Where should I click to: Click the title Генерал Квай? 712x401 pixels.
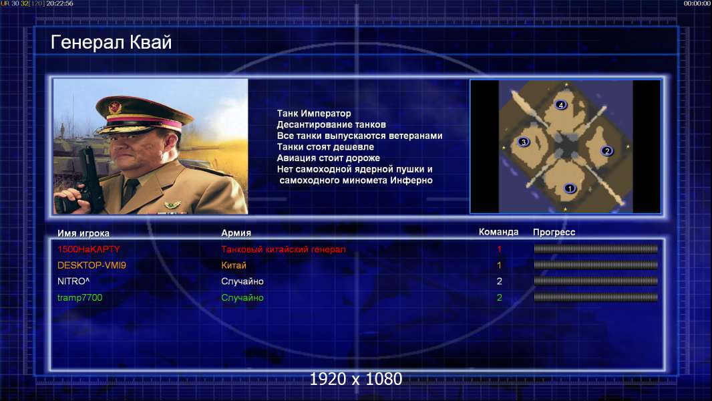pos(112,42)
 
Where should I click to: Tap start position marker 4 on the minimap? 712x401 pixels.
pos(561,105)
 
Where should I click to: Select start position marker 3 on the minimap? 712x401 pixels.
pos(523,142)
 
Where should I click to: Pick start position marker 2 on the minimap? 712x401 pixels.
pos(606,150)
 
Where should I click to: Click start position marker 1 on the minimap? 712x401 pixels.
pos(570,188)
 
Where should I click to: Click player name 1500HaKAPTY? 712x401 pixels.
pos(89,249)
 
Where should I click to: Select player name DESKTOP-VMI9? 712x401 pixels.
pos(92,265)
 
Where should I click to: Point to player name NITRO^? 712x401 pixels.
pos(73,281)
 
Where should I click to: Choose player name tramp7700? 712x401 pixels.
pos(80,297)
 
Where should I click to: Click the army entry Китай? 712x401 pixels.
pos(233,265)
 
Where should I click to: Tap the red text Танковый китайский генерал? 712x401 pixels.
pos(283,249)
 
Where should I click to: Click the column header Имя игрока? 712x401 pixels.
pos(83,233)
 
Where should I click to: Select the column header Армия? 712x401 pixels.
pos(236,233)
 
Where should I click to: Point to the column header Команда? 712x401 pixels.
pos(498,232)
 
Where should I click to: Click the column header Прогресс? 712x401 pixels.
pos(554,232)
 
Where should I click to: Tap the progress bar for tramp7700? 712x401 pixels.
pos(596,297)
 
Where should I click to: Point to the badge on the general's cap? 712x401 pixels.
pos(115,107)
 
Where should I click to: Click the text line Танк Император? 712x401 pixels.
pos(314,114)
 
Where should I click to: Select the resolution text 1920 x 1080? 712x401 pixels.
pos(355,379)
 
